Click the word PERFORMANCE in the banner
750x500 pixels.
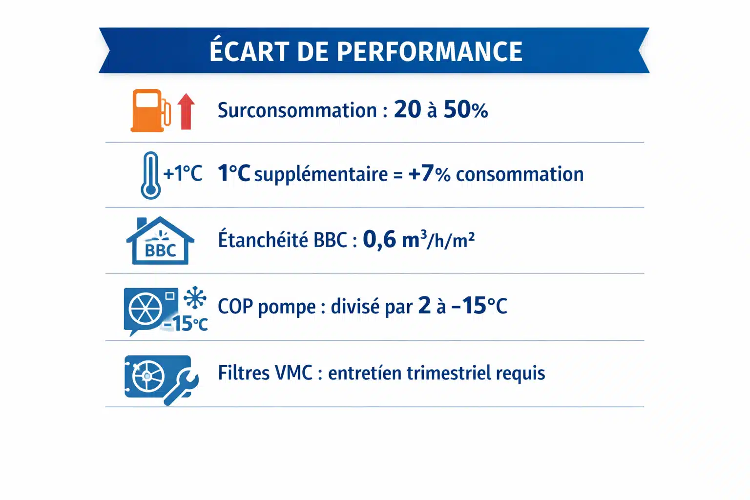(x=429, y=52)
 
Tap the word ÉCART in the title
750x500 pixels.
(x=250, y=51)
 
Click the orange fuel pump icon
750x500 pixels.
(x=150, y=110)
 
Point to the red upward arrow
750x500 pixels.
(x=186, y=111)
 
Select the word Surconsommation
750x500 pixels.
(x=297, y=110)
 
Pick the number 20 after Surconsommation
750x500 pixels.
(x=408, y=109)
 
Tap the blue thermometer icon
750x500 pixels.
(x=150, y=175)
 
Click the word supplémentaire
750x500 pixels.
(x=321, y=175)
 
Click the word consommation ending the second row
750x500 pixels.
(x=520, y=174)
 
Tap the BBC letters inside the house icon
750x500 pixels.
(x=160, y=250)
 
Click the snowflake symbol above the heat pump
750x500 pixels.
(x=195, y=297)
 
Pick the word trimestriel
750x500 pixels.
(x=449, y=373)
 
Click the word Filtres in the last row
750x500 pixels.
(x=244, y=373)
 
